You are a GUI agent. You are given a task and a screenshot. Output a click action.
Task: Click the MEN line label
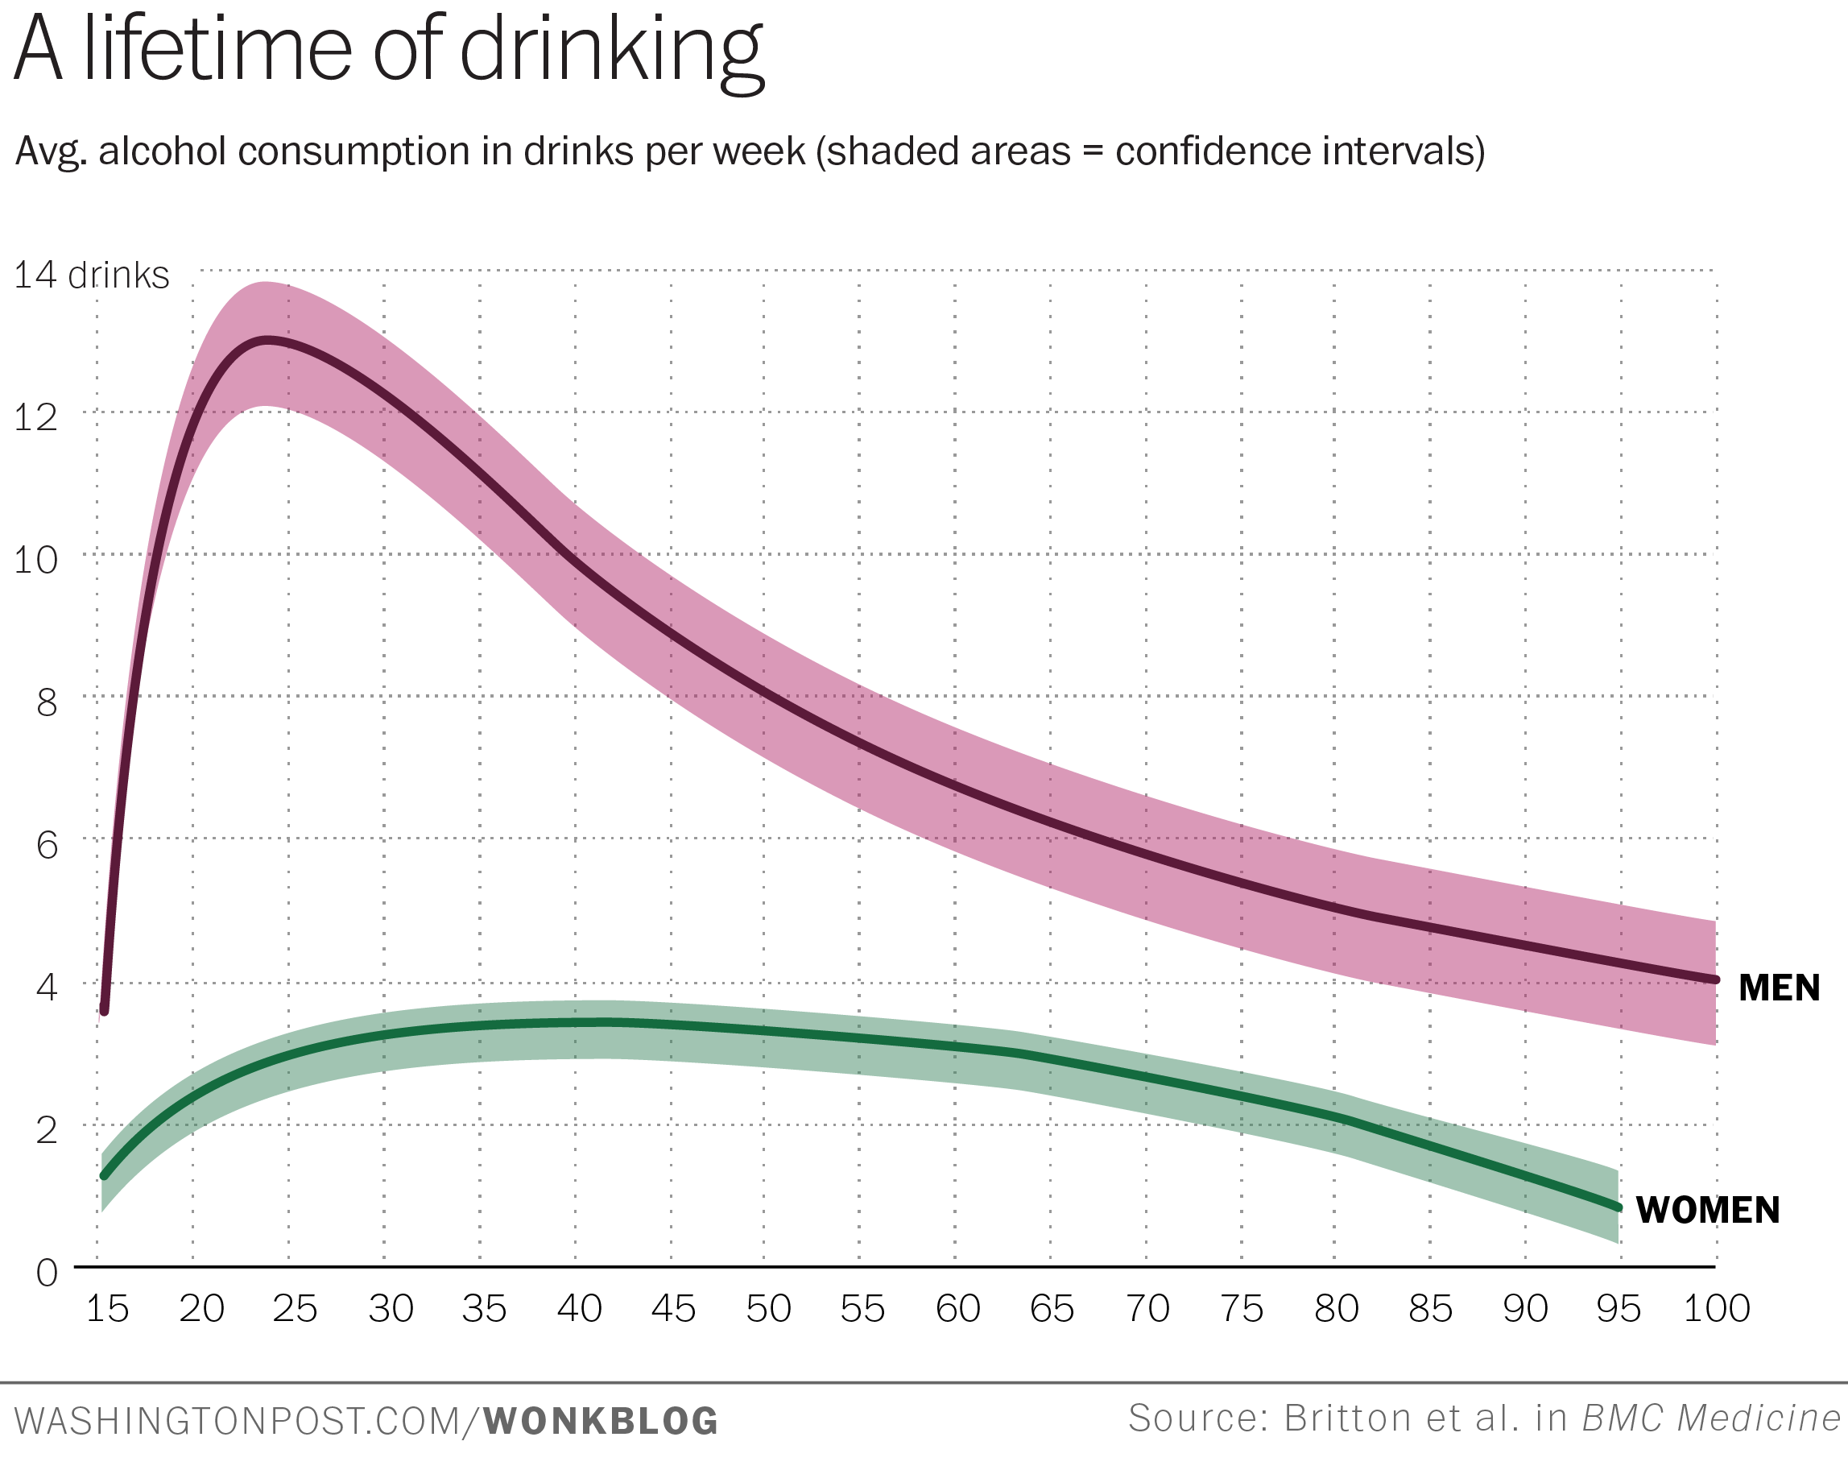pos(1779,988)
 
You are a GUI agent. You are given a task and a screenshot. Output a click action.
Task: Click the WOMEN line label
pos(1707,1211)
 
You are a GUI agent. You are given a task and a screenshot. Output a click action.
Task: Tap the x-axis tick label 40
pos(580,1309)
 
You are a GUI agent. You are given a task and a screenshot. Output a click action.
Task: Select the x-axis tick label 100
pos(1716,1309)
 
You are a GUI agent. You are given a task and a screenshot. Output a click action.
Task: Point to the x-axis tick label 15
pos(107,1309)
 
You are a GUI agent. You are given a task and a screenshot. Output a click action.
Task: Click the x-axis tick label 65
pos(1052,1309)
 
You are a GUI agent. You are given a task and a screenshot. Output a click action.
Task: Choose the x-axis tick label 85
pos(1431,1309)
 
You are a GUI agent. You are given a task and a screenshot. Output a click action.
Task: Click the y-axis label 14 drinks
pos(92,276)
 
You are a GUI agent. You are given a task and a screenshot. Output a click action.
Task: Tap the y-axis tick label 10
pos(36,561)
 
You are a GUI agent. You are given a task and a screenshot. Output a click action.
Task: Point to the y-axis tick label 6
pos(48,845)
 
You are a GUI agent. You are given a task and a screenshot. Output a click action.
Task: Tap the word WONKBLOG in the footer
pos(601,1422)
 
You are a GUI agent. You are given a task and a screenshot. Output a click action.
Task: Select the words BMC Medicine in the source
pos(1711,1418)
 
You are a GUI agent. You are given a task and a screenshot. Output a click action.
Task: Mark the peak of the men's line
pos(268,341)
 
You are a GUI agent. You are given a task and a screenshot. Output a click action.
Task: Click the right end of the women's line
pos(1618,1207)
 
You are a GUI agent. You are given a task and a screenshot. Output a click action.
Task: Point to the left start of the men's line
pos(105,1011)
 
